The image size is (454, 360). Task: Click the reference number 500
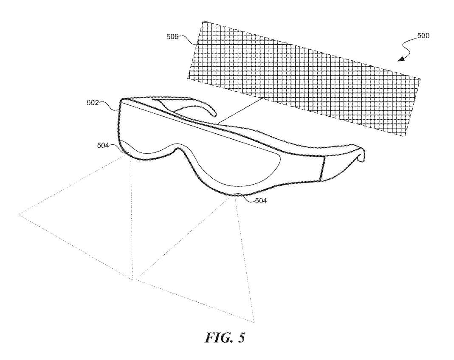(423, 36)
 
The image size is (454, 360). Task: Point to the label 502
(93, 102)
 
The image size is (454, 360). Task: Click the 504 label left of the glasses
(103, 146)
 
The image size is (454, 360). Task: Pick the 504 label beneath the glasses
(261, 200)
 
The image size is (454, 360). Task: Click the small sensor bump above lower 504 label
(238, 194)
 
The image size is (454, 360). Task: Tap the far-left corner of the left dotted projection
(19, 214)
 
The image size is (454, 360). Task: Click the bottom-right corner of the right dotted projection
(254, 322)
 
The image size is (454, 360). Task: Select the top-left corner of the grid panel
(203, 21)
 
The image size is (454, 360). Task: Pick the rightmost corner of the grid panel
(420, 79)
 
